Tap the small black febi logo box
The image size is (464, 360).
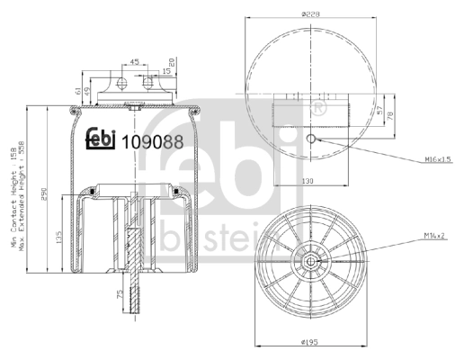tap(100, 139)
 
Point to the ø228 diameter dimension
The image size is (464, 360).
tap(311, 13)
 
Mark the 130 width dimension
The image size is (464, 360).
tap(308, 180)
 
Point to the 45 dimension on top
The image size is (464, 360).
tap(132, 62)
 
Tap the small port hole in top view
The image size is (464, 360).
tap(310, 139)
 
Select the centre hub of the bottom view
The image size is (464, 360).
tap(310, 262)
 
